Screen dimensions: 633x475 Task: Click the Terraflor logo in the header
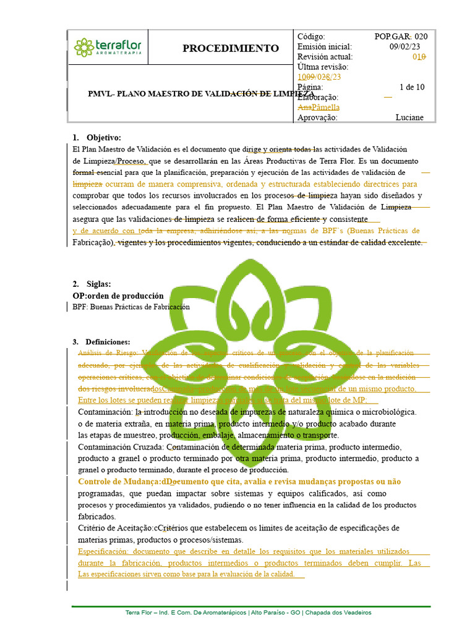coord(108,47)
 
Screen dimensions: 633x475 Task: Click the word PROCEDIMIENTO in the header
coord(231,48)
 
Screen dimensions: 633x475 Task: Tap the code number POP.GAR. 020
coord(401,36)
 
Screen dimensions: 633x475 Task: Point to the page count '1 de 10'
coord(412,87)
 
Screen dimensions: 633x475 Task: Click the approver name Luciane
coord(409,117)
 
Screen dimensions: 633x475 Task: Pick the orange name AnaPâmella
coord(319,108)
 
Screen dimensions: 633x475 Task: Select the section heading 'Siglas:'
coord(98,284)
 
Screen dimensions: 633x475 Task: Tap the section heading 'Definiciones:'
coord(108,342)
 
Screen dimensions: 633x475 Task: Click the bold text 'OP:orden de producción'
coord(118,295)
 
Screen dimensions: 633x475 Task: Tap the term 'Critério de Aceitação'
coord(115,528)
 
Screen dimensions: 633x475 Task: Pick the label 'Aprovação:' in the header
coord(317,117)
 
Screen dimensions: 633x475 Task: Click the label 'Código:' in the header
coord(311,36)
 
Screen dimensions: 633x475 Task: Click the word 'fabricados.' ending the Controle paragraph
coord(96,516)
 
